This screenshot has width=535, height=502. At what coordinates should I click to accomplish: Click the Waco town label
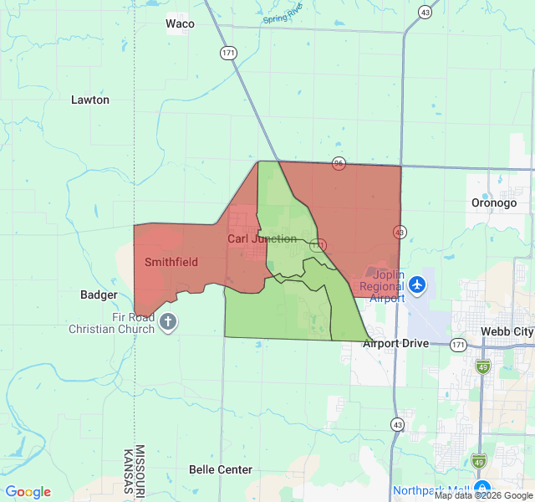click(x=180, y=23)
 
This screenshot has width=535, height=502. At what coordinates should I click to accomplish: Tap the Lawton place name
click(x=90, y=100)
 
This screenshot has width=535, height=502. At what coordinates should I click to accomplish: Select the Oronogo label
click(x=494, y=202)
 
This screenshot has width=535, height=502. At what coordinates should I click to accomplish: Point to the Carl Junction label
click(x=262, y=238)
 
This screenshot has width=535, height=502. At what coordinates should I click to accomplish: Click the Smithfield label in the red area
click(x=171, y=262)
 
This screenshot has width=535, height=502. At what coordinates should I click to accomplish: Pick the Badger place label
click(x=99, y=295)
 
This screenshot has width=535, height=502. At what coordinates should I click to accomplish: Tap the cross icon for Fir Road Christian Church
click(x=168, y=322)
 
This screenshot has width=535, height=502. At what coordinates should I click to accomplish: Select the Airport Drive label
click(x=395, y=343)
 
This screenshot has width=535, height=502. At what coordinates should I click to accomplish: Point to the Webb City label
click(x=507, y=332)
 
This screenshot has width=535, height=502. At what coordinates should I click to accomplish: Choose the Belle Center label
click(x=221, y=469)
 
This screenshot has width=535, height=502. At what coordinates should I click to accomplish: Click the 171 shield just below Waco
click(x=228, y=53)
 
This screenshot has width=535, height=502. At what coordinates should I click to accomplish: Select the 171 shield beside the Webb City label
click(x=458, y=344)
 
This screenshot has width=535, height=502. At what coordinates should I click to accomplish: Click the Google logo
click(x=28, y=492)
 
